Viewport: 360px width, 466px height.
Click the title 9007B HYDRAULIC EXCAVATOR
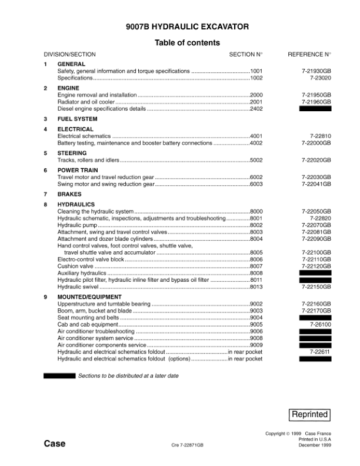[187, 27]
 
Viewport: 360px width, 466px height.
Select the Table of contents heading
[187, 43]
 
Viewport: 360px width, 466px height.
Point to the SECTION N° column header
[246, 55]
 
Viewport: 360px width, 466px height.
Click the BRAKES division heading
[69, 194]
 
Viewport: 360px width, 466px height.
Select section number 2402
[256, 109]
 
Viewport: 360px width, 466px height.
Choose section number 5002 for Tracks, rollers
[256, 160]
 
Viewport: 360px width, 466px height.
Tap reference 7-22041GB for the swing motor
[316, 184]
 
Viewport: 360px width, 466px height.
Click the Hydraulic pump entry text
[76, 225]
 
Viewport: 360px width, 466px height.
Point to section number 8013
[256, 287]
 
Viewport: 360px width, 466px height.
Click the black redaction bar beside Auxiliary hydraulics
[315, 273]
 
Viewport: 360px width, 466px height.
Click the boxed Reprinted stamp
[310, 414]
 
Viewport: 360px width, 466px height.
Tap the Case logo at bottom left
[55, 444]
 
